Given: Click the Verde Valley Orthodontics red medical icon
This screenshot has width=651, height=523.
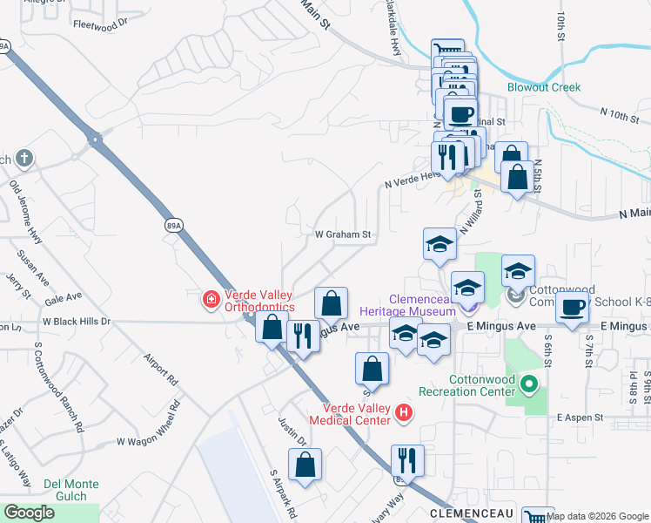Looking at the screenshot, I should pyautogui.click(x=211, y=302).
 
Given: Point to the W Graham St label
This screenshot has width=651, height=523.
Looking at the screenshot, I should pyautogui.click(x=343, y=234).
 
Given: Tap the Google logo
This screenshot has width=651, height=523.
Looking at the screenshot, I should pyautogui.click(x=29, y=513).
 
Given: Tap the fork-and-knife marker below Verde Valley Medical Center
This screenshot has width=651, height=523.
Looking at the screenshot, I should pyautogui.click(x=407, y=460).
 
